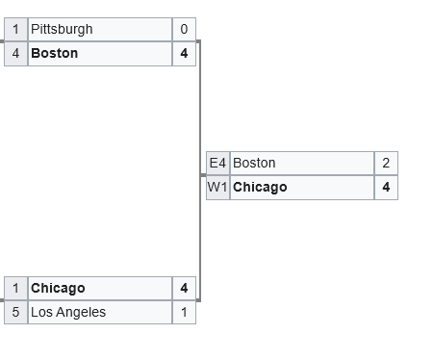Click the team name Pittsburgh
point(62,30)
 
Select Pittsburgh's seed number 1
point(15,29)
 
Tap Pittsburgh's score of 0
point(184,29)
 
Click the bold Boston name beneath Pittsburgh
point(55,53)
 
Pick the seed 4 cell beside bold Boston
point(15,54)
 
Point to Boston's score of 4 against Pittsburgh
point(184,54)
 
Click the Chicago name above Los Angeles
point(58,289)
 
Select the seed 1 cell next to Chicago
point(15,288)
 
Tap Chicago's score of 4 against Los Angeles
point(184,288)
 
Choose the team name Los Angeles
point(68,312)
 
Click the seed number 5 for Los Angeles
point(15,312)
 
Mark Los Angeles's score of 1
point(184,312)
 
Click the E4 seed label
point(217,163)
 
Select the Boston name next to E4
point(254,163)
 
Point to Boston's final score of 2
point(386,163)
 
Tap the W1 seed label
point(217,188)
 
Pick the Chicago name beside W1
point(260,188)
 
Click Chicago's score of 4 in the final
point(386,188)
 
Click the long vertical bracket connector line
point(200,171)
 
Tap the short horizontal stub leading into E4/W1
point(203,175)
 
